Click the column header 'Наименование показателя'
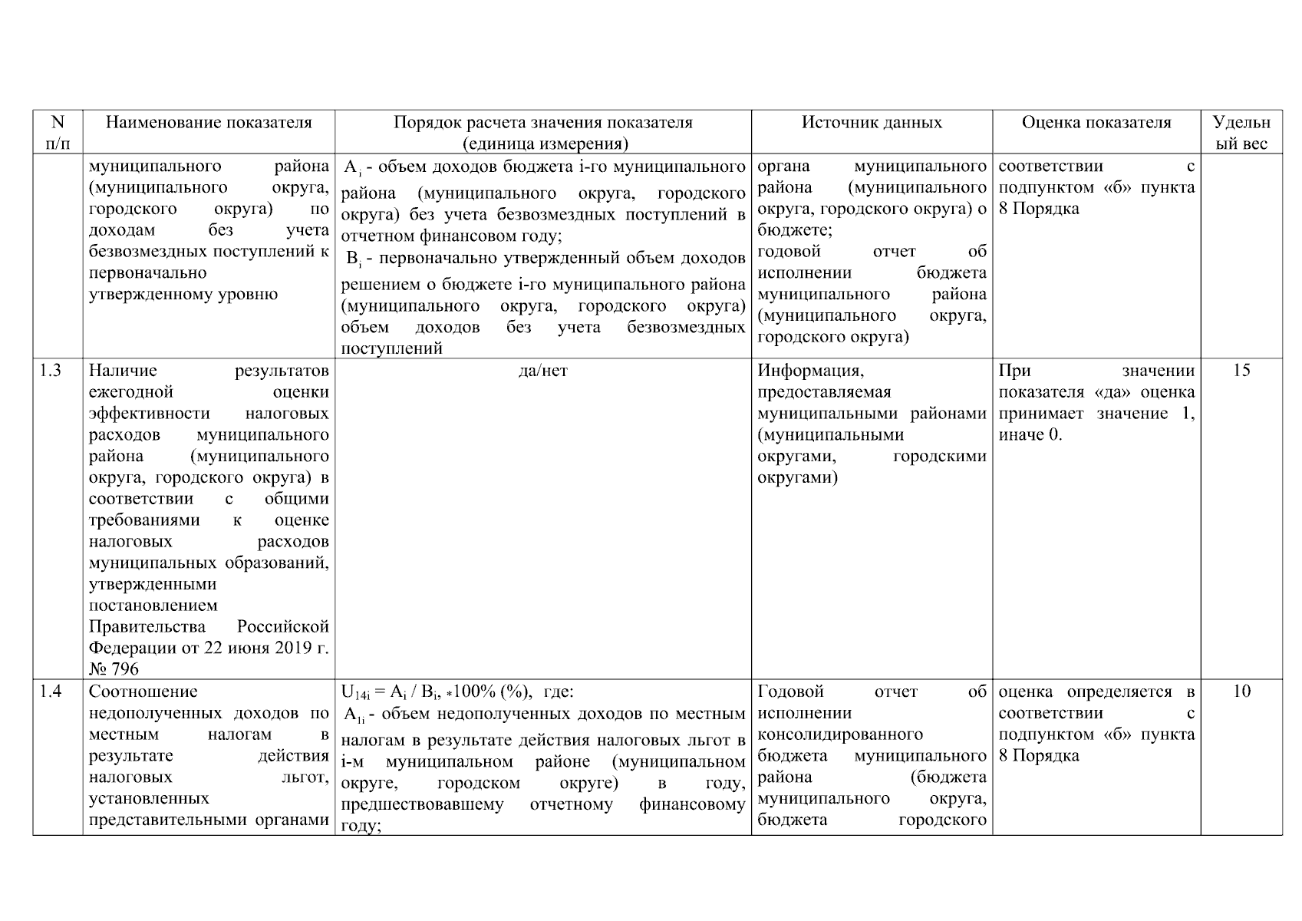coord(209,123)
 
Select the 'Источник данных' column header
coord(872,123)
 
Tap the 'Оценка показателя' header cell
coord(1096,123)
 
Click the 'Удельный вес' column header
coord(1241,133)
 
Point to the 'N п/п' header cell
coord(58,133)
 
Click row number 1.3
coord(51,371)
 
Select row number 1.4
coord(51,692)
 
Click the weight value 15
coord(1241,371)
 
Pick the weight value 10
coord(1241,692)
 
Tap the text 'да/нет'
coord(542,371)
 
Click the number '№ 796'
coord(114,669)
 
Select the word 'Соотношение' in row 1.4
coord(143,692)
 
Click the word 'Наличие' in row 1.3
coord(123,371)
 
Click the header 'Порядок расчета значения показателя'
coord(542,123)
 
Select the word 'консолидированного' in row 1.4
coord(840,735)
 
